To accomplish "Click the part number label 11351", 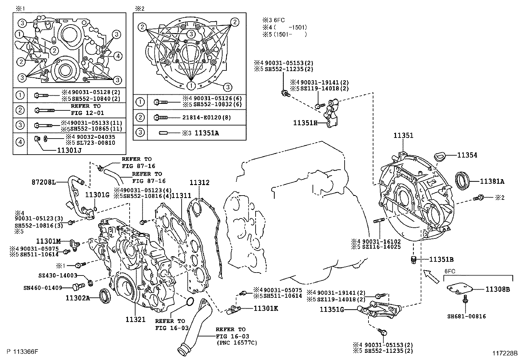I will [403, 135].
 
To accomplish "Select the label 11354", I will [467, 155].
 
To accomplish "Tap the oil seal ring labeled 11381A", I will [463, 180].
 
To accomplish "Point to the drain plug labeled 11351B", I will [413, 260].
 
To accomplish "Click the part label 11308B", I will [497, 289].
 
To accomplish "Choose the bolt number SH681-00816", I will [466, 316].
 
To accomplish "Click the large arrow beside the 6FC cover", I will [431, 276].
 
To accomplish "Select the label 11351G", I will [332, 309].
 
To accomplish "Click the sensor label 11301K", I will [266, 308].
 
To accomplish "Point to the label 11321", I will [135, 319].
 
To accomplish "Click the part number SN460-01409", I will [43, 288].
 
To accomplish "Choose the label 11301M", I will [49, 241].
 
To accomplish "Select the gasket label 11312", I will [199, 183].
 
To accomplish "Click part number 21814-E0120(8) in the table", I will [210, 117].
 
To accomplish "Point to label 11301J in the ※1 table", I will [69, 150].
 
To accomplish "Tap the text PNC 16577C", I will [236, 343].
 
